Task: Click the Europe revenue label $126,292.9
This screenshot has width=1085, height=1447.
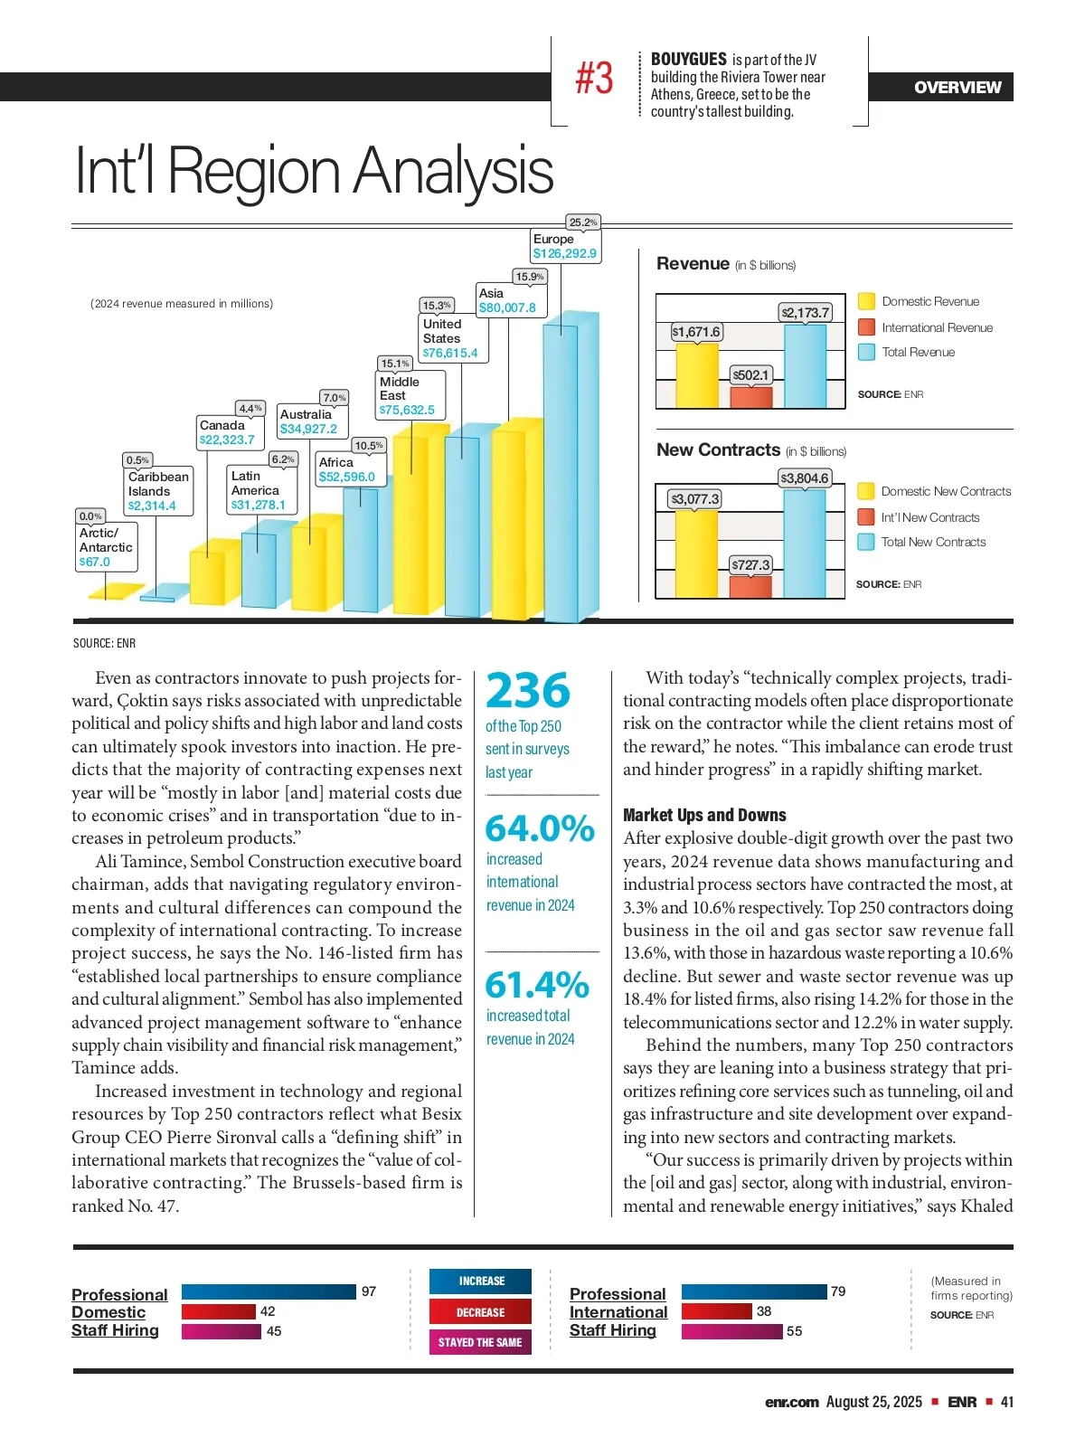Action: coord(565,253)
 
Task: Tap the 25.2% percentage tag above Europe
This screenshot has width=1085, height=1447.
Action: coord(583,222)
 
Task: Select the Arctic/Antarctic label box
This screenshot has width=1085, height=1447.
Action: coord(106,547)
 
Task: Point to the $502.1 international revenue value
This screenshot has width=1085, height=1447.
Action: coord(750,374)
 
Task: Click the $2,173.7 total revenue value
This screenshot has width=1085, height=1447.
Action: coord(805,313)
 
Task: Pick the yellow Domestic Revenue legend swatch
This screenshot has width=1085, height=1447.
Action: coord(866,301)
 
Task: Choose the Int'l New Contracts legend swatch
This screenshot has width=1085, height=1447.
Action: coord(865,517)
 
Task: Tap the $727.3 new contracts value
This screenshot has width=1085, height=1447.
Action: coord(750,565)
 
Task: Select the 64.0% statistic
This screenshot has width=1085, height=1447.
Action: coord(540,828)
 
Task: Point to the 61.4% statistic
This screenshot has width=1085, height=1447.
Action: coord(537,985)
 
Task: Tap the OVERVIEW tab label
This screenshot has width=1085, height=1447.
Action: coord(958,88)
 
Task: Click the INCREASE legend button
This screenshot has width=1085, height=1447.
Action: coord(480,1281)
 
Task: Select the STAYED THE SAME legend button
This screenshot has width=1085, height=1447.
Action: coord(480,1342)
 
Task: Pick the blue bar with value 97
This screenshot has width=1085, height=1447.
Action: coord(269,1291)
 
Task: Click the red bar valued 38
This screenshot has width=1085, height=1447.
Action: coord(716,1311)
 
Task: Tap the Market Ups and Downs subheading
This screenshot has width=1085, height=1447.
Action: coord(704,815)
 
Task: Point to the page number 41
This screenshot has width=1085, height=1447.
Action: coord(1007,1402)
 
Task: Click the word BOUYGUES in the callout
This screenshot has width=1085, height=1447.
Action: coord(689,60)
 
